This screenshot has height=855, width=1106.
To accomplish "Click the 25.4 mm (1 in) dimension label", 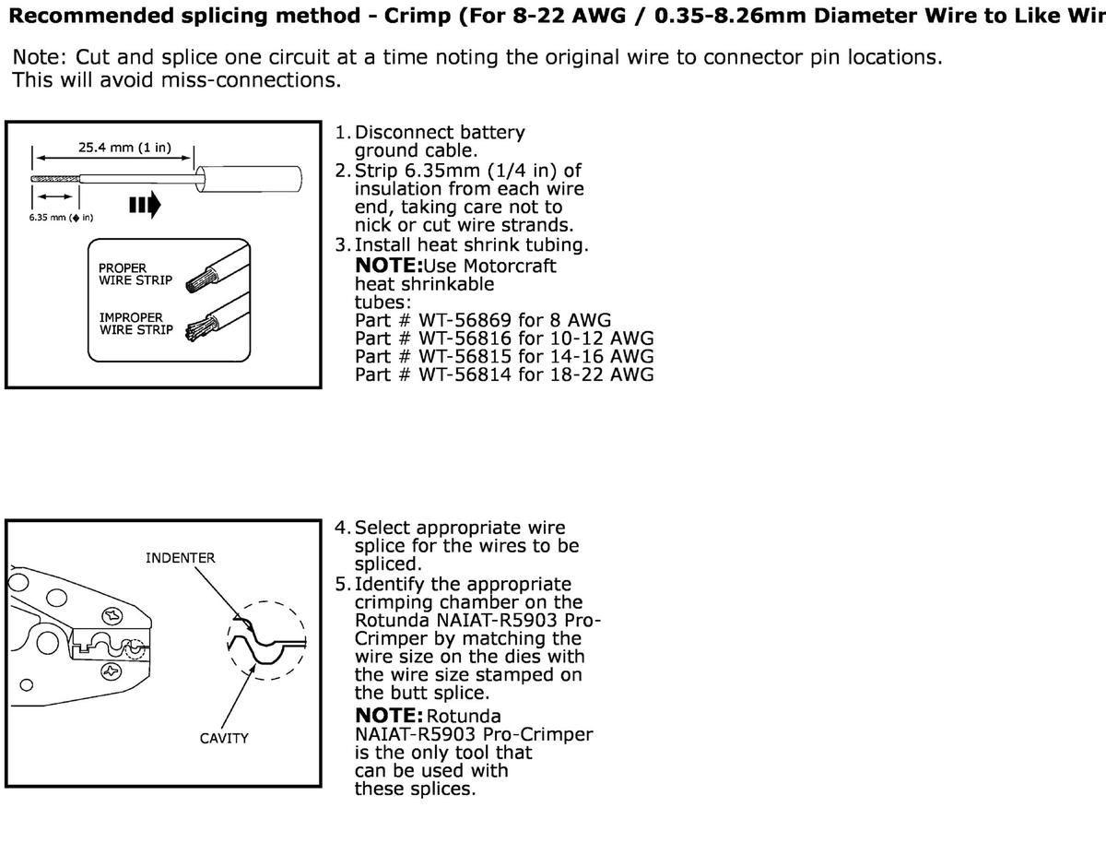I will pyautogui.click(x=124, y=148).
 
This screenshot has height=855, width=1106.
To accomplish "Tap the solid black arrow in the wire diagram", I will pyautogui.click(x=145, y=203).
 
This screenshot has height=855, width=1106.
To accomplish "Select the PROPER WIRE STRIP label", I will pyautogui.click(x=135, y=274).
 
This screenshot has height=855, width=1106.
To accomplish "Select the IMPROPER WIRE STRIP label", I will pyautogui.click(x=135, y=324).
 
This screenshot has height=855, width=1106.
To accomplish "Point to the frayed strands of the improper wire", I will pyautogui.click(x=196, y=328).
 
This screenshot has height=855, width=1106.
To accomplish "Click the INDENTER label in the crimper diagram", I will pyautogui.click(x=180, y=558).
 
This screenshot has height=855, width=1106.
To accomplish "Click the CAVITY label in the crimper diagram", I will pyautogui.click(x=224, y=739).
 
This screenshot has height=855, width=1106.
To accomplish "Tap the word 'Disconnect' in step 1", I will pyautogui.click(x=401, y=133).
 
